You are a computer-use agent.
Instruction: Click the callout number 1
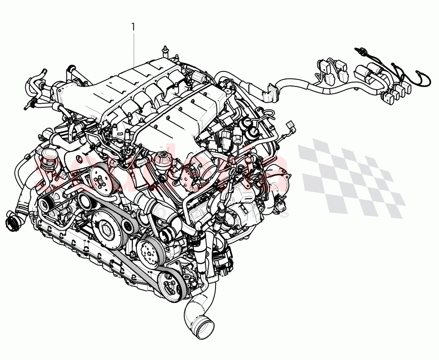[133, 27]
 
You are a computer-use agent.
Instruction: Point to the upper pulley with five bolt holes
[100, 178]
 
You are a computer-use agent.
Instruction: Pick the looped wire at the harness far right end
[423, 80]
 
